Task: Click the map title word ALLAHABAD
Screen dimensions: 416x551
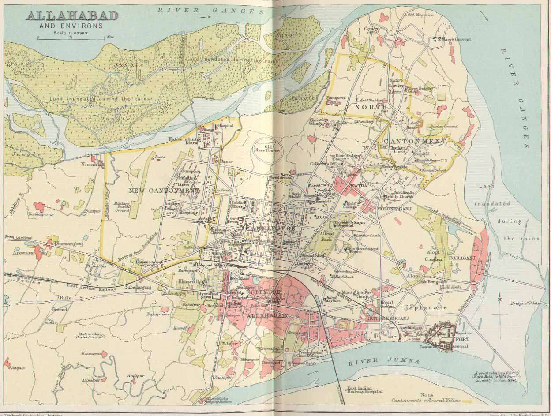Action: (x=72, y=16)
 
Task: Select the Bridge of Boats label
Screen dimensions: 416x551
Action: (x=525, y=303)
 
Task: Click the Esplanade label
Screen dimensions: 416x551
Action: (x=426, y=307)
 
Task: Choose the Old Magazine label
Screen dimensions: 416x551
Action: (x=420, y=15)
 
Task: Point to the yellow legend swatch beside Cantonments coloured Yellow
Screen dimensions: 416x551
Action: (x=468, y=401)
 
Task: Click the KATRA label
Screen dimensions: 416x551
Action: (x=358, y=186)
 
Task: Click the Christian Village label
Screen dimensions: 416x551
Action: (x=319, y=122)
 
